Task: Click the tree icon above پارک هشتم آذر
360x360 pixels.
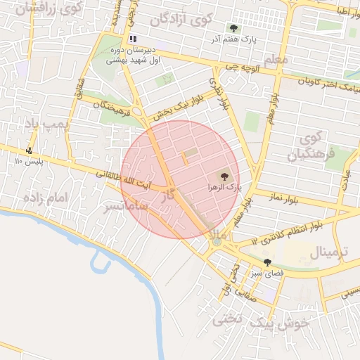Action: (x=233, y=28)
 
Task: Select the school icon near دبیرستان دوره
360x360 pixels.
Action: (x=133, y=39)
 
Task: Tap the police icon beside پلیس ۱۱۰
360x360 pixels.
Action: (x=29, y=150)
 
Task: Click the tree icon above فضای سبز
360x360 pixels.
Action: (x=267, y=262)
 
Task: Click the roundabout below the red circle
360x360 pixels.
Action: (x=217, y=242)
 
